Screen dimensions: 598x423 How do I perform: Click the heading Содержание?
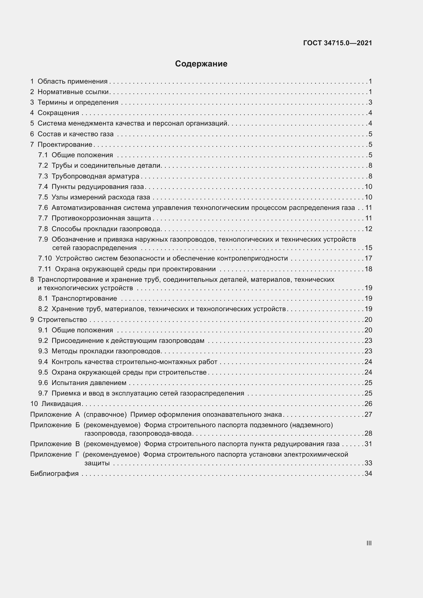201,64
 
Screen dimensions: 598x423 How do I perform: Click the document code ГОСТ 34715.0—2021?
337,43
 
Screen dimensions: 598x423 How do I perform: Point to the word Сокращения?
58,113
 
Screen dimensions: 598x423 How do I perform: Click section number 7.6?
43,208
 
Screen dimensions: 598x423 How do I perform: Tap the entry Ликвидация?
61,404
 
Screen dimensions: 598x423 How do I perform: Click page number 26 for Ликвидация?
368,404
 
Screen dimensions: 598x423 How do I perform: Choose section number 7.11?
44,269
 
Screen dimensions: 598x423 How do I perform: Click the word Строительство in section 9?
62,320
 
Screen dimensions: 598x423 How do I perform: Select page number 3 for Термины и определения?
370,102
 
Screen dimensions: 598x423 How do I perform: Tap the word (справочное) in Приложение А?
105,414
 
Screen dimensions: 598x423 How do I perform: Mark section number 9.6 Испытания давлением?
43,383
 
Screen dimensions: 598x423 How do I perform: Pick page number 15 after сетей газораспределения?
368,248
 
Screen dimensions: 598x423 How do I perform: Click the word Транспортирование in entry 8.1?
84,298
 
